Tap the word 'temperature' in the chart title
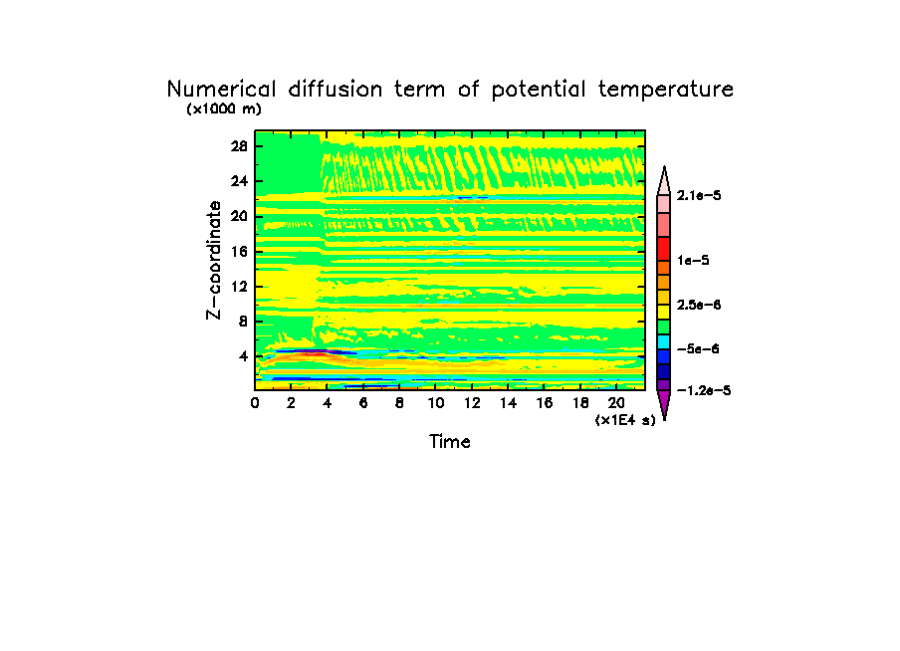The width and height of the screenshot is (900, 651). [666, 90]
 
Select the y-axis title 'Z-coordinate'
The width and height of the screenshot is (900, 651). [214, 260]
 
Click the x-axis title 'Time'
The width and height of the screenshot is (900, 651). [450, 441]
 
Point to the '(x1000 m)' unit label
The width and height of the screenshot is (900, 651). [222, 109]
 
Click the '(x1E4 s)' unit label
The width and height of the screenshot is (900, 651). [625, 420]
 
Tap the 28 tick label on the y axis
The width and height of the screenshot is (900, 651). [239, 146]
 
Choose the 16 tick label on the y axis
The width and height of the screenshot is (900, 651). [239, 251]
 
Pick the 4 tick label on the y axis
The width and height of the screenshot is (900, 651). [243, 355]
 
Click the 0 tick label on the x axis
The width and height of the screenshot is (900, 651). [256, 403]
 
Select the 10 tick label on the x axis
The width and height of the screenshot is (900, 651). [436, 403]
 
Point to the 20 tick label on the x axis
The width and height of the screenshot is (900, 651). [616, 403]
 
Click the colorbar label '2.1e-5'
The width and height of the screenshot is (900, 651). [699, 196]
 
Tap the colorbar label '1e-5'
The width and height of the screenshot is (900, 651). [693, 260]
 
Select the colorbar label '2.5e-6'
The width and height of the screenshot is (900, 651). [699, 304]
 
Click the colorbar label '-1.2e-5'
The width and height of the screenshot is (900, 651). [703, 390]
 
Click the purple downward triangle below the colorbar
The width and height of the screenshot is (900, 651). [663, 404]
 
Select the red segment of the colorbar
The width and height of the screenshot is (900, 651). [663, 247]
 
